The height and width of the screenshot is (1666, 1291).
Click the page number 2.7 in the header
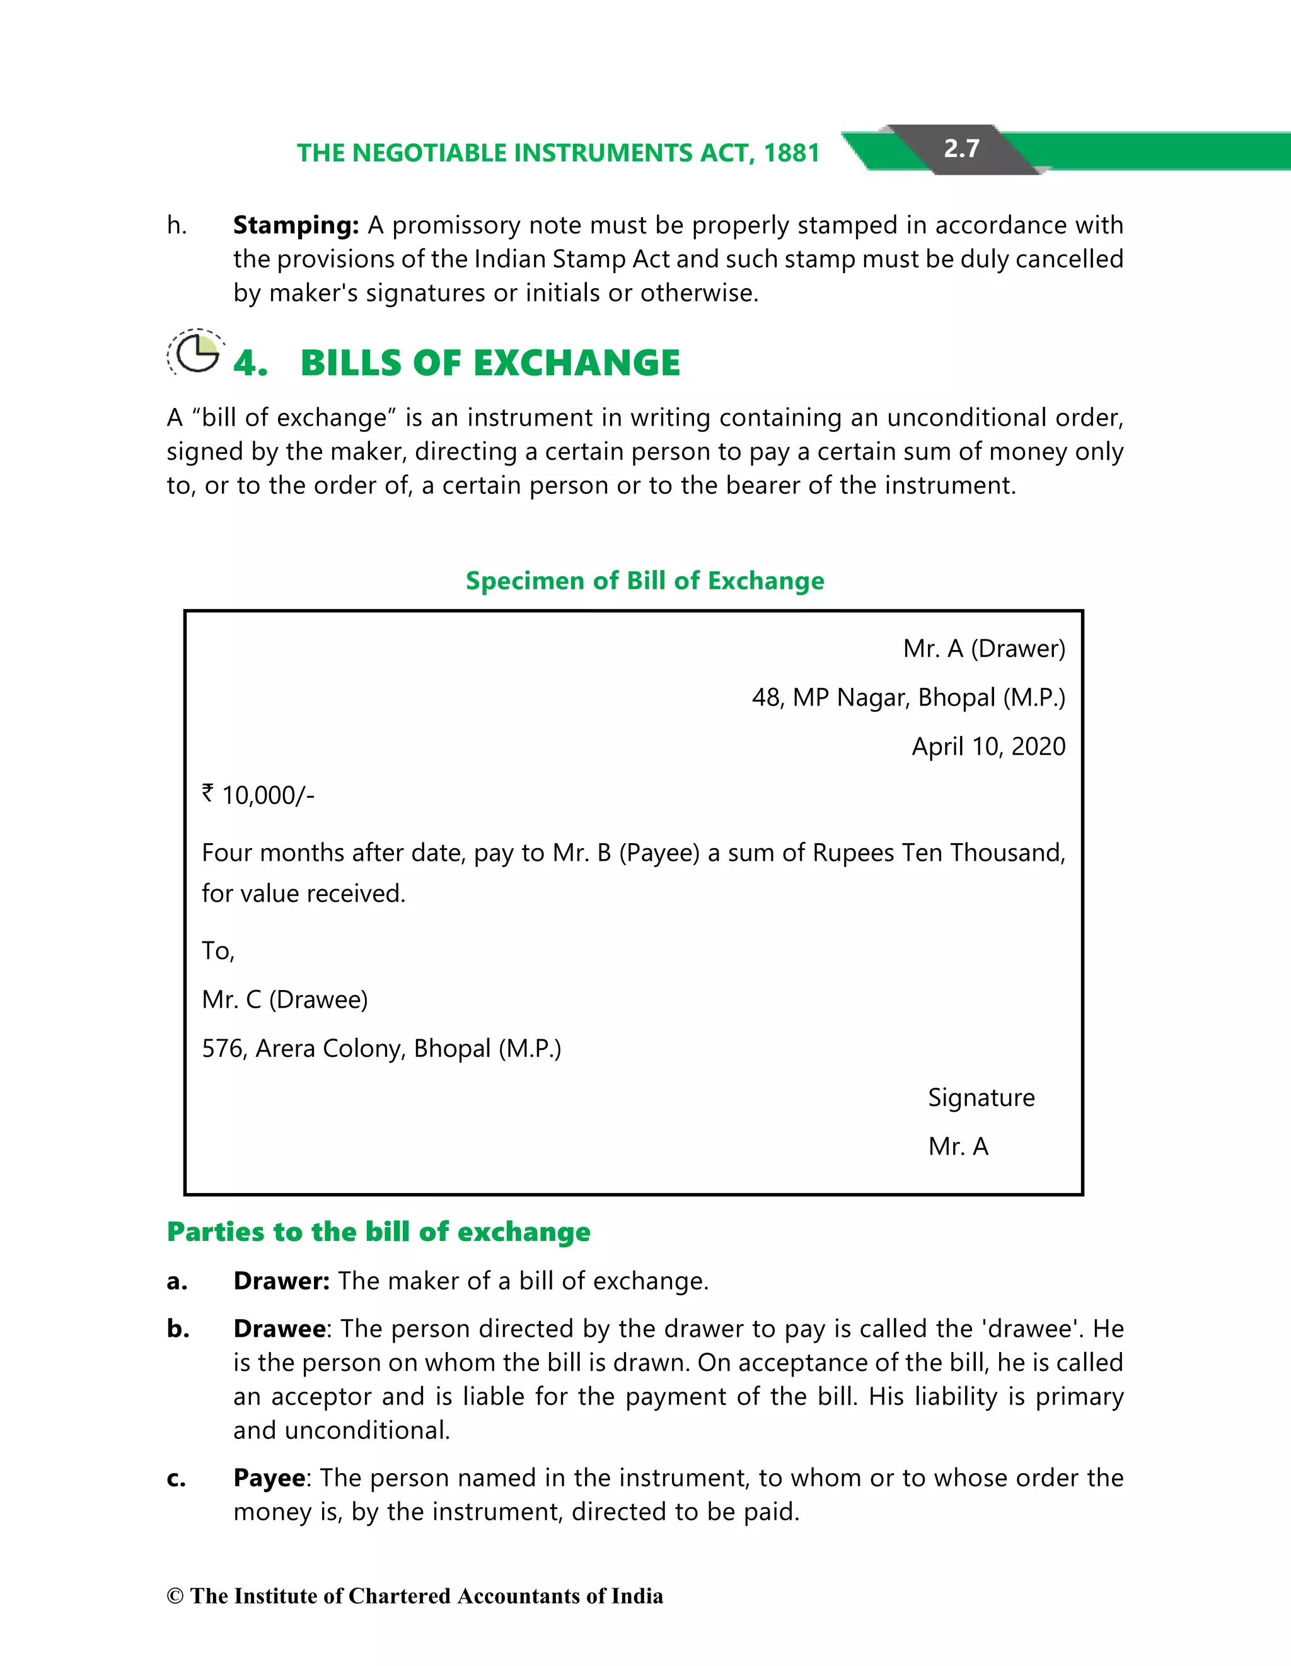[x=961, y=148]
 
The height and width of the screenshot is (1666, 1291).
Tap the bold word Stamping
[x=295, y=225]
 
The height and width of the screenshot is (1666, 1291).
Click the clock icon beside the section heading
[x=196, y=352]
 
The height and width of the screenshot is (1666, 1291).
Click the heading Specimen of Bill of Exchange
[x=644, y=581]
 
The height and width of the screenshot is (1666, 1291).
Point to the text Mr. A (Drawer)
[x=983, y=648]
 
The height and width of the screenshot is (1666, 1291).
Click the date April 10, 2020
[x=988, y=746]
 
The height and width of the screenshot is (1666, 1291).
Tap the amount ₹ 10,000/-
[x=258, y=796]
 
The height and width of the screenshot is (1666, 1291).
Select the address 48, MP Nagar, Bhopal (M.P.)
[x=908, y=697]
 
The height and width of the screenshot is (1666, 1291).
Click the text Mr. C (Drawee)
[x=284, y=999]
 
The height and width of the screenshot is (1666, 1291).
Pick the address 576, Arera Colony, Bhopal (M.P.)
[x=381, y=1049]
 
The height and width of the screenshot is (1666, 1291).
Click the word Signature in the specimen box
[x=981, y=1098]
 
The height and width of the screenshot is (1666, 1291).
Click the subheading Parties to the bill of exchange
[x=378, y=1232]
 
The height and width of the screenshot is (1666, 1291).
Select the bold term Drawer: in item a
[x=281, y=1281]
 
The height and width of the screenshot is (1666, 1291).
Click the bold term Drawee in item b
[x=280, y=1329]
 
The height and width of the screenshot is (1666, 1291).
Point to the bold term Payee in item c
[x=269, y=1477]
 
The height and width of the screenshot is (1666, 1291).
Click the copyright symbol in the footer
[x=175, y=1596]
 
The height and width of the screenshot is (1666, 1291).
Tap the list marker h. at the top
[x=177, y=226]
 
